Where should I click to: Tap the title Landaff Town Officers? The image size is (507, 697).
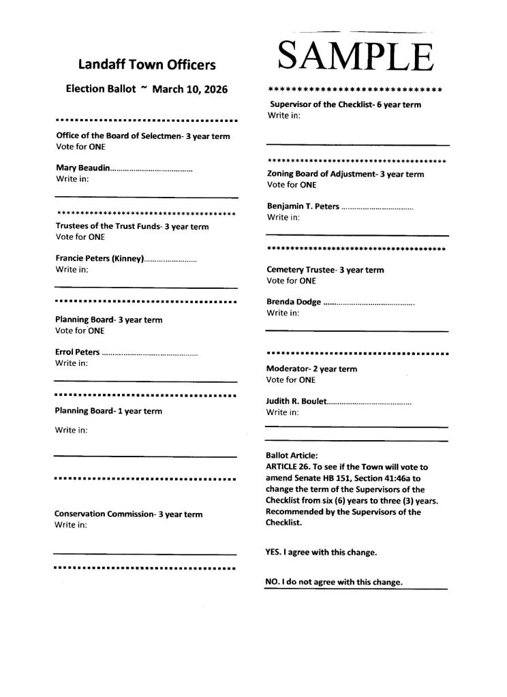pos(147,65)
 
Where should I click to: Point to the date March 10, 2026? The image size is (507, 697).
pos(189,89)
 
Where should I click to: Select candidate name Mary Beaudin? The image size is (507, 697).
pos(82,168)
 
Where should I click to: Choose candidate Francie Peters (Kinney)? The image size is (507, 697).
pos(99,259)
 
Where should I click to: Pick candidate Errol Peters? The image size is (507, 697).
pos(77,352)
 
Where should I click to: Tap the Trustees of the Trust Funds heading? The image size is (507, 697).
pos(132,226)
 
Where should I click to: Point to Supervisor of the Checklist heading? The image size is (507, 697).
pos(345,104)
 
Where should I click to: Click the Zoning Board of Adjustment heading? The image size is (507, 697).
pos(345,174)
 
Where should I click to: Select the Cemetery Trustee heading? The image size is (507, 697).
pos(325,270)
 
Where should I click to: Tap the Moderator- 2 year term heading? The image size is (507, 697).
pos(311,369)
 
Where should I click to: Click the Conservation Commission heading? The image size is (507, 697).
pos(128,514)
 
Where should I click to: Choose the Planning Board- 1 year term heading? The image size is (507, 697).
pos(108,411)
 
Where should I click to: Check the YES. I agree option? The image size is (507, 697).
pos(320,553)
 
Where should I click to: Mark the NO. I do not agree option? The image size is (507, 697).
pos(334,583)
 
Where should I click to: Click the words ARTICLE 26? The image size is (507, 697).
pos(287,467)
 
